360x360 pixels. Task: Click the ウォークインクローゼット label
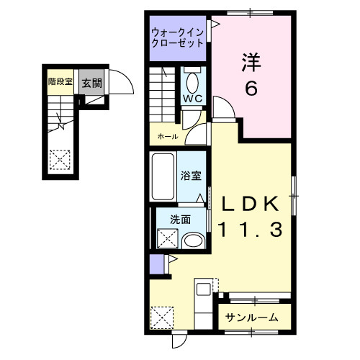click(178, 37)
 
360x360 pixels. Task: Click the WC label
click(192, 99)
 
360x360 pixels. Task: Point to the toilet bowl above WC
click(192, 79)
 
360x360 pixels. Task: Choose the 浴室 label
click(191, 174)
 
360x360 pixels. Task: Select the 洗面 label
click(180, 220)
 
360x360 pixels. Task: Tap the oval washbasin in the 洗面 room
click(192, 240)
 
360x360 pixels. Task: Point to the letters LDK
click(248, 204)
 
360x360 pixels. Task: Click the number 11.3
click(248, 230)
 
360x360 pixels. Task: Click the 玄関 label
click(91, 83)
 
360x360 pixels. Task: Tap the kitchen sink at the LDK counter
click(202, 291)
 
